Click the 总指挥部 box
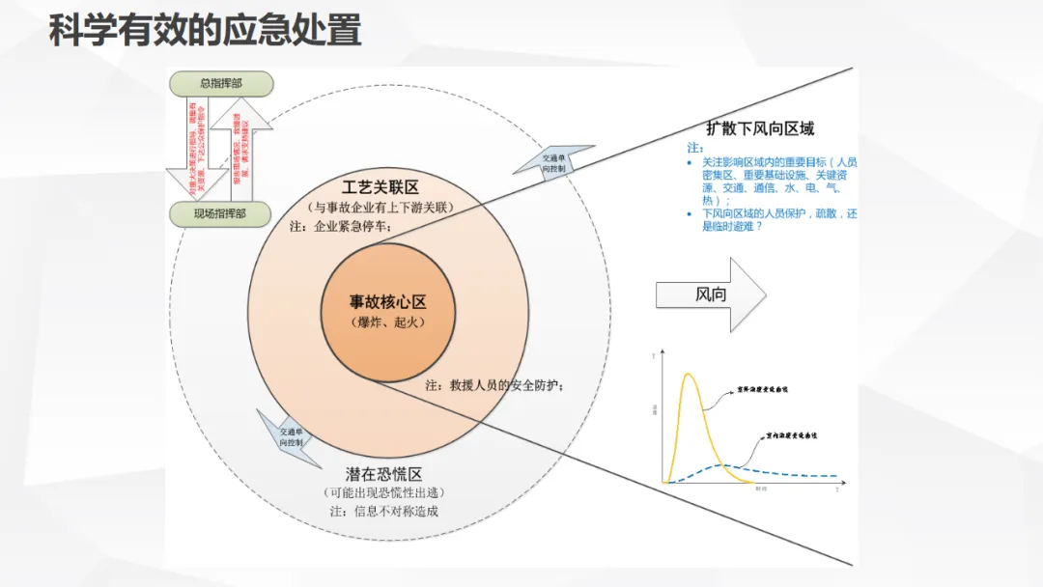tap(220, 84)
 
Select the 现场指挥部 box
tap(220, 214)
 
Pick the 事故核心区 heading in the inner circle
tap(387, 302)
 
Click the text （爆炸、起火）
tap(387, 322)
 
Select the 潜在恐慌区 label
tap(384, 474)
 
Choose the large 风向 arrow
tap(711, 294)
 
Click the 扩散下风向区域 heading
tap(759, 128)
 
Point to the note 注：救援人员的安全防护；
tap(493, 384)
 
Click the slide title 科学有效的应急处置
tap(206, 32)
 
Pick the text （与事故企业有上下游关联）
tap(381, 208)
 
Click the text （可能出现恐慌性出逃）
tap(384, 493)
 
